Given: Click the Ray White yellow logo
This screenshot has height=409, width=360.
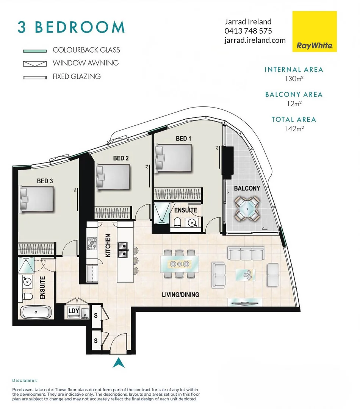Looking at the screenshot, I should click(315, 31).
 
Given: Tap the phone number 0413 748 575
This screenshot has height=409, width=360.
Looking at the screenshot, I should click(248, 31).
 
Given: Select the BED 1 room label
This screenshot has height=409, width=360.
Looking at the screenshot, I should click(183, 139).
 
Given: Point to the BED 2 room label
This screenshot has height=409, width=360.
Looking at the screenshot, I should click(121, 158).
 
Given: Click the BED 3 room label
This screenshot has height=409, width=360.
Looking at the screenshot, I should click(45, 181).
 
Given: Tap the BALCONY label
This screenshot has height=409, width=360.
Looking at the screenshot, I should click(247, 188).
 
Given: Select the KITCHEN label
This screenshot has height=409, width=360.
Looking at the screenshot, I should click(108, 245).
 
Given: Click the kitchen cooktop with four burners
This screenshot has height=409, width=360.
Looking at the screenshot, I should click(92, 244).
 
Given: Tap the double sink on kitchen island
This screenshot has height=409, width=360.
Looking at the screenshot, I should click(122, 250).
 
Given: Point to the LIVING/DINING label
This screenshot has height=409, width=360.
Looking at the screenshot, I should click(180, 294).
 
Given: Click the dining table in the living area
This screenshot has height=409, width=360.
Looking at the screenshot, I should click(179, 264).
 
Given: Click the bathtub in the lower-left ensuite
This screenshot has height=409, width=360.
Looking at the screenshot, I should click(36, 313).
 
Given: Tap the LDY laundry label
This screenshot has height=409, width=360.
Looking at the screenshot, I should click(74, 311).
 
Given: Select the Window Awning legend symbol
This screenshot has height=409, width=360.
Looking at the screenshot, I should click(34, 63).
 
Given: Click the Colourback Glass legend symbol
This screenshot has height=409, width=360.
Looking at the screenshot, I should click(34, 50).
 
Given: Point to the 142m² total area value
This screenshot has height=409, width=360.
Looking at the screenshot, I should click(294, 128).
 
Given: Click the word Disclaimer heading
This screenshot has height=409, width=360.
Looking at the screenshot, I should click(25, 380).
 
